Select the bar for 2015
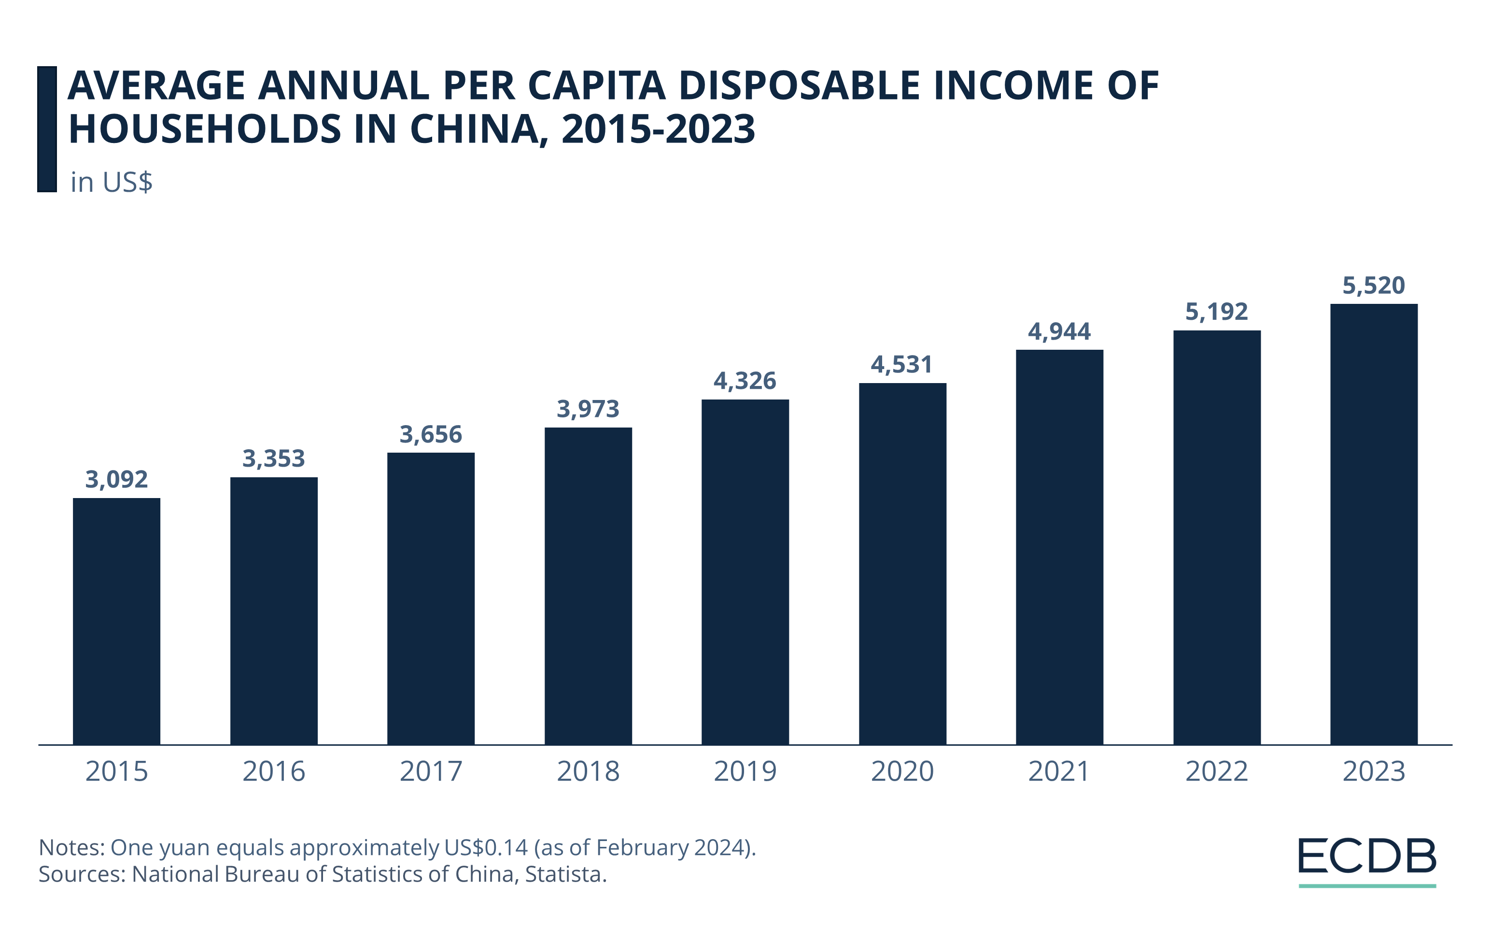point(116,621)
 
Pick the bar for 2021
point(1059,547)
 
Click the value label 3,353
point(273,459)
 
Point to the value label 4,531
point(901,365)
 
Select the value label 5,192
point(1216,312)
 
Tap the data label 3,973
point(588,409)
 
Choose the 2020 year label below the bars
point(902,771)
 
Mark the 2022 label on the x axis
point(1216,771)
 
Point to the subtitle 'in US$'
point(111,182)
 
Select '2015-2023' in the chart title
point(658,129)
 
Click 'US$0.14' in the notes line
point(485,847)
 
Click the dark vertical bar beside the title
point(47,129)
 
